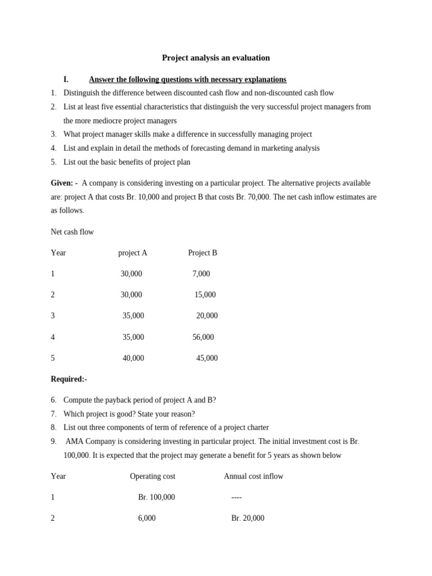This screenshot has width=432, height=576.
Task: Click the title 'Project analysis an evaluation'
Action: [215, 58]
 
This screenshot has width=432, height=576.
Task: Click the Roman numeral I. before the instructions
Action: [66, 80]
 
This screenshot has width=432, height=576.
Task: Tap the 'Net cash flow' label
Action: [72, 232]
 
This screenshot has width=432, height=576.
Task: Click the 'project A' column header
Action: [133, 253]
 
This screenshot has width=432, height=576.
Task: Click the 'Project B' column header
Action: [202, 253]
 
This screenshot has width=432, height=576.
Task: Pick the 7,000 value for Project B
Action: [201, 274]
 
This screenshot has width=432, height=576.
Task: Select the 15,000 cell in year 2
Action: [205, 295]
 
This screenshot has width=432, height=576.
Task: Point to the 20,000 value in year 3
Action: [207, 316]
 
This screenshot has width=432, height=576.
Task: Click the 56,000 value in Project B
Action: [203, 337]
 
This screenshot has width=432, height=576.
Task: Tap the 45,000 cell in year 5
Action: [207, 358]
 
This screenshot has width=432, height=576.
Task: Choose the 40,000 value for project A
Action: [133, 358]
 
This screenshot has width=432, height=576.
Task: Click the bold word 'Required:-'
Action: [69, 379]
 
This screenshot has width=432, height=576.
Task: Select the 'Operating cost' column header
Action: [152, 476]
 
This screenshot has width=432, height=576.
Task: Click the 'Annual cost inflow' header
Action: [253, 476]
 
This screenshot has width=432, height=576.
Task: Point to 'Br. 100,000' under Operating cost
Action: [156, 497]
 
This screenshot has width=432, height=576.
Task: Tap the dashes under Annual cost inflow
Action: [236, 497]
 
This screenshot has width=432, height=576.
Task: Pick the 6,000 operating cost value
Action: [147, 519]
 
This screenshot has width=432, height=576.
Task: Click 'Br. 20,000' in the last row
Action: [247, 519]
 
